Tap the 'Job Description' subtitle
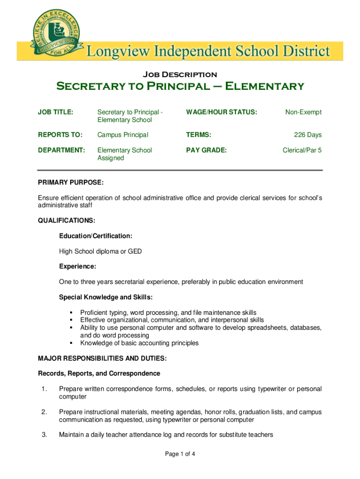coord(180,74)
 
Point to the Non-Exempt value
coord(303,112)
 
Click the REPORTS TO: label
coord(60,135)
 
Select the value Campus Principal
coord(122,135)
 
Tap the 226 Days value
coord(308,135)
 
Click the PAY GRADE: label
coord(206,150)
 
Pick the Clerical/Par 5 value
coord(302,150)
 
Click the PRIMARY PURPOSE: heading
coord(71,181)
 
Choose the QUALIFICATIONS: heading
coord(66,220)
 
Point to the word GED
coord(135,252)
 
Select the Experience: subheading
coord(77,267)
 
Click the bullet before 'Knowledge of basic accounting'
coord(72,343)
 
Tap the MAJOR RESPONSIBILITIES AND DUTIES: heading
coord(102,359)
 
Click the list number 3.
coord(44,435)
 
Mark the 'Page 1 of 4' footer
coord(180,454)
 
